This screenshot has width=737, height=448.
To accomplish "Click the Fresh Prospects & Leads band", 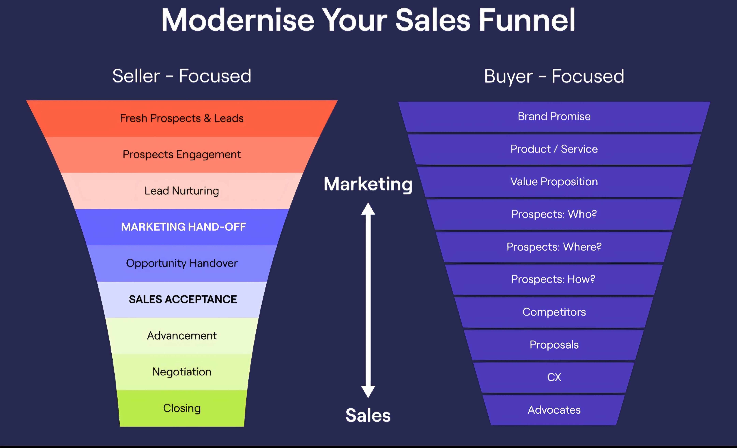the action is (182, 118).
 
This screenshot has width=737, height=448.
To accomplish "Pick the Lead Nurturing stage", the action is (182, 191).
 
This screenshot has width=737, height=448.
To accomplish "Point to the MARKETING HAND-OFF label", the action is (184, 227).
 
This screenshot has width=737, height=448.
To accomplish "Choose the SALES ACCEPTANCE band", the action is (182, 300).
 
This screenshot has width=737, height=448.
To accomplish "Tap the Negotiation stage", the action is (182, 372).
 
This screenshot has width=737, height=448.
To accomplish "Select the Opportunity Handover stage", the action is (182, 263).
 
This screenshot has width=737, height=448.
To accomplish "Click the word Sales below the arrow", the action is (368, 415).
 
